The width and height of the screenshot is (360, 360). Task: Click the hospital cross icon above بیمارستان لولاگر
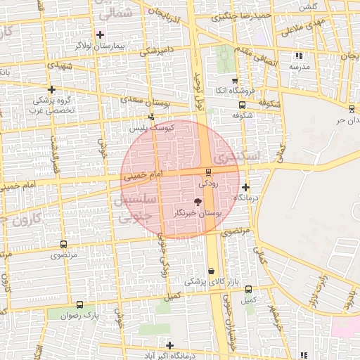[100, 34]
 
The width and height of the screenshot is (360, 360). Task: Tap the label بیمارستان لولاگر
[100, 45]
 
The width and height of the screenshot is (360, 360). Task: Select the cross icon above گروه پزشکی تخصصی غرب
[52, 90]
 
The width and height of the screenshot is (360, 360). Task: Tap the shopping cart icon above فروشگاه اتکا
[234, 81]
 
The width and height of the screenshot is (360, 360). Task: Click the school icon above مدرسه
[300, 55]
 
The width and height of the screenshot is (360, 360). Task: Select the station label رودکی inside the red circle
[209, 183]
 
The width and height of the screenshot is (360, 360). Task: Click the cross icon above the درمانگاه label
[245, 187]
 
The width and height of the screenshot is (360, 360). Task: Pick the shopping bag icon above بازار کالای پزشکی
[212, 271]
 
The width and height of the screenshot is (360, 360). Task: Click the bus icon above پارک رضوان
[79, 305]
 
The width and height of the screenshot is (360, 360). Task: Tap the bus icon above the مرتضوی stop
[64, 244]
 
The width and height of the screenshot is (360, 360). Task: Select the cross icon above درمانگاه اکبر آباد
[169, 345]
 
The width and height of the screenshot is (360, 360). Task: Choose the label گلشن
[308, 6]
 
